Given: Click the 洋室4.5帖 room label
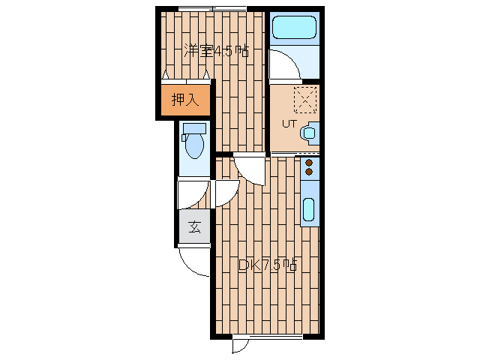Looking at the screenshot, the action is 216,51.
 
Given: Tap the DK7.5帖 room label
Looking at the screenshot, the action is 268,265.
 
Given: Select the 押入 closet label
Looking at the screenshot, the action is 185,100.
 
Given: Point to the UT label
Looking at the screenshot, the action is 289,124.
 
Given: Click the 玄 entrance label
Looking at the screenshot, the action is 194,226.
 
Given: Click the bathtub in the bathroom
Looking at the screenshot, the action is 294,27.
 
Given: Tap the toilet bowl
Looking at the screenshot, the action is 194,146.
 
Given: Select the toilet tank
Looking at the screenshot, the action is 194,128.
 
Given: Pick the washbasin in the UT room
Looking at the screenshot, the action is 310,133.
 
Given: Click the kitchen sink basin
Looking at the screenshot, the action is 308,209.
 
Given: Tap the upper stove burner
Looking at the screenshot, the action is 309,163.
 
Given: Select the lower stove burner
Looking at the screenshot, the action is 309,172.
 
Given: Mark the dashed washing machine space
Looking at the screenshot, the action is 305,100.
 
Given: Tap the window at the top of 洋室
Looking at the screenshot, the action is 212,9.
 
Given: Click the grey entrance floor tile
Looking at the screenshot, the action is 195,226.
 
